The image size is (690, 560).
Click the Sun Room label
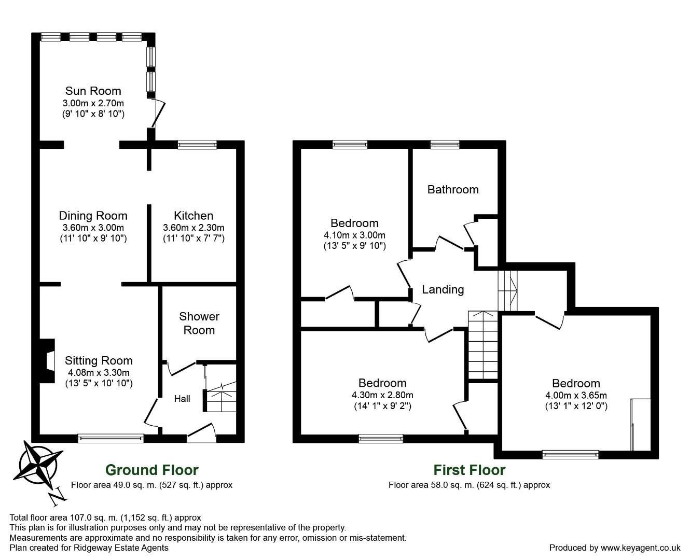(93, 91)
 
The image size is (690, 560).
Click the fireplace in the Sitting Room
(47, 361)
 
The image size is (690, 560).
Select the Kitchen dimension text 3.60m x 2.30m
(194, 228)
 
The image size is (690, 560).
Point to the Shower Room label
(199, 323)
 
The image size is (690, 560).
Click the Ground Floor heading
(151, 470)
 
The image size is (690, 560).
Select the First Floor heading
(469, 470)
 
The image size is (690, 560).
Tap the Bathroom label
(452, 190)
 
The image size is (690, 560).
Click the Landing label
(443, 290)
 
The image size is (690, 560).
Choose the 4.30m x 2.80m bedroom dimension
(382, 395)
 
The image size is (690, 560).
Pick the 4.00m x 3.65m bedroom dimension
(576, 395)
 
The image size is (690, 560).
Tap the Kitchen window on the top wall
(197, 145)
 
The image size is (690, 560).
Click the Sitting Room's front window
(111, 439)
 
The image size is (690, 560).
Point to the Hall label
(182, 399)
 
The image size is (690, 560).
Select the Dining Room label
(93, 216)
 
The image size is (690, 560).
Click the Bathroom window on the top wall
(445, 145)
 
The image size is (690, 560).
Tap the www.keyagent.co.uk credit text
(614, 548)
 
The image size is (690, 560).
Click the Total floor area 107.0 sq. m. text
(105, 517)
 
